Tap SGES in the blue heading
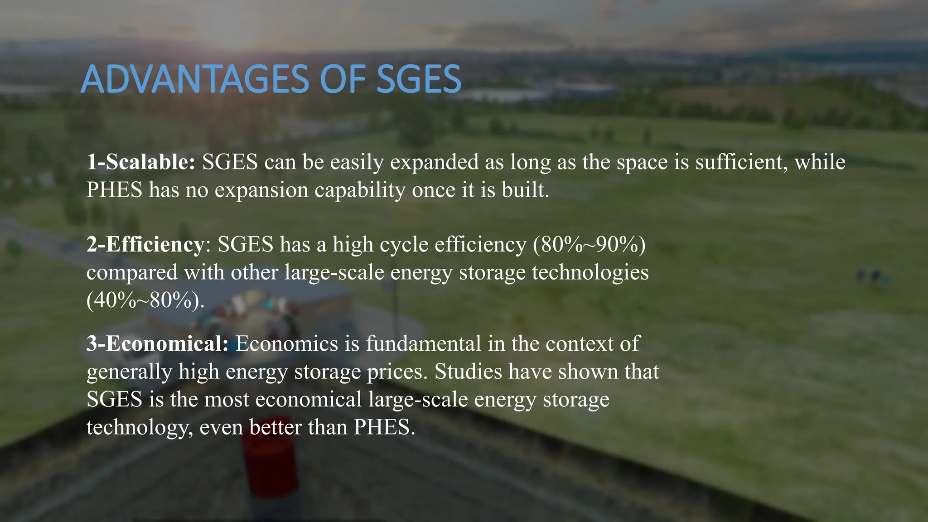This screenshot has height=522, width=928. [419, 79]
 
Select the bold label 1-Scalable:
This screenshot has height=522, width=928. [141, 162]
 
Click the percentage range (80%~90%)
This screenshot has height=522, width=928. [590, 245]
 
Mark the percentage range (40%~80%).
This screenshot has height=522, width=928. [145, 300]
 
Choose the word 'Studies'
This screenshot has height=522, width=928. [468, 372]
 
